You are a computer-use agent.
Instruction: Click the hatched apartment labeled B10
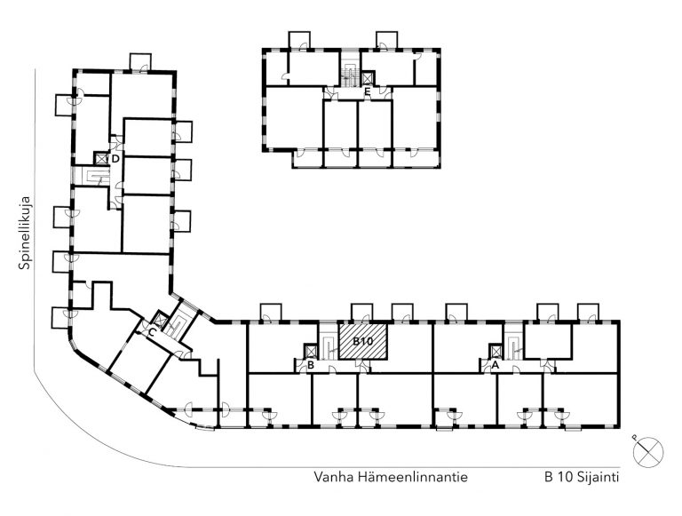pyautogui.click(x=362, y=341)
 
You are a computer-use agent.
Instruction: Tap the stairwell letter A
pyautogui.click(x=495, y=366)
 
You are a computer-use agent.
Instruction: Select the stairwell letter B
pyautogui.click(x=311, y=366)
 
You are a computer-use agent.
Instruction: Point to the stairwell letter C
pyautogui.click(x=152, y=333)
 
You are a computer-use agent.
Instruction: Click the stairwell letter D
pyautogui.click(x=115, y=159)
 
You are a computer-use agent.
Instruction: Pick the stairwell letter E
pyautogui.click(x=368, y=91)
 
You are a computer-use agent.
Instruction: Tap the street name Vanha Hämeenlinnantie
pyautogui.click(x=391, y=477)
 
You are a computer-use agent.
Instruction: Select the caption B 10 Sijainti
pyautogui.click(x=582, y=477)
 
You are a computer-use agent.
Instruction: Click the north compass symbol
pyautogui.click(x=648, y=451)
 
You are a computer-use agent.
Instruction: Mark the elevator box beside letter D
pyautogui.click(x=101, y=158)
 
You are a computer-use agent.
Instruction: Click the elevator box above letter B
pyautogui.click(x=311, y=351)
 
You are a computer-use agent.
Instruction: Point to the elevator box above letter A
pyautogui.click(x=495, y=351)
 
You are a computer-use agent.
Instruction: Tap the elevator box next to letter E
pyautogui.click(x=368, y=77)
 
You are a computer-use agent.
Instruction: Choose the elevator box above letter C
pyautogui.click(x=161, y=320)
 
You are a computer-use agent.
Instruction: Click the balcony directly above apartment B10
pyautogui.click(x=362, y=313)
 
